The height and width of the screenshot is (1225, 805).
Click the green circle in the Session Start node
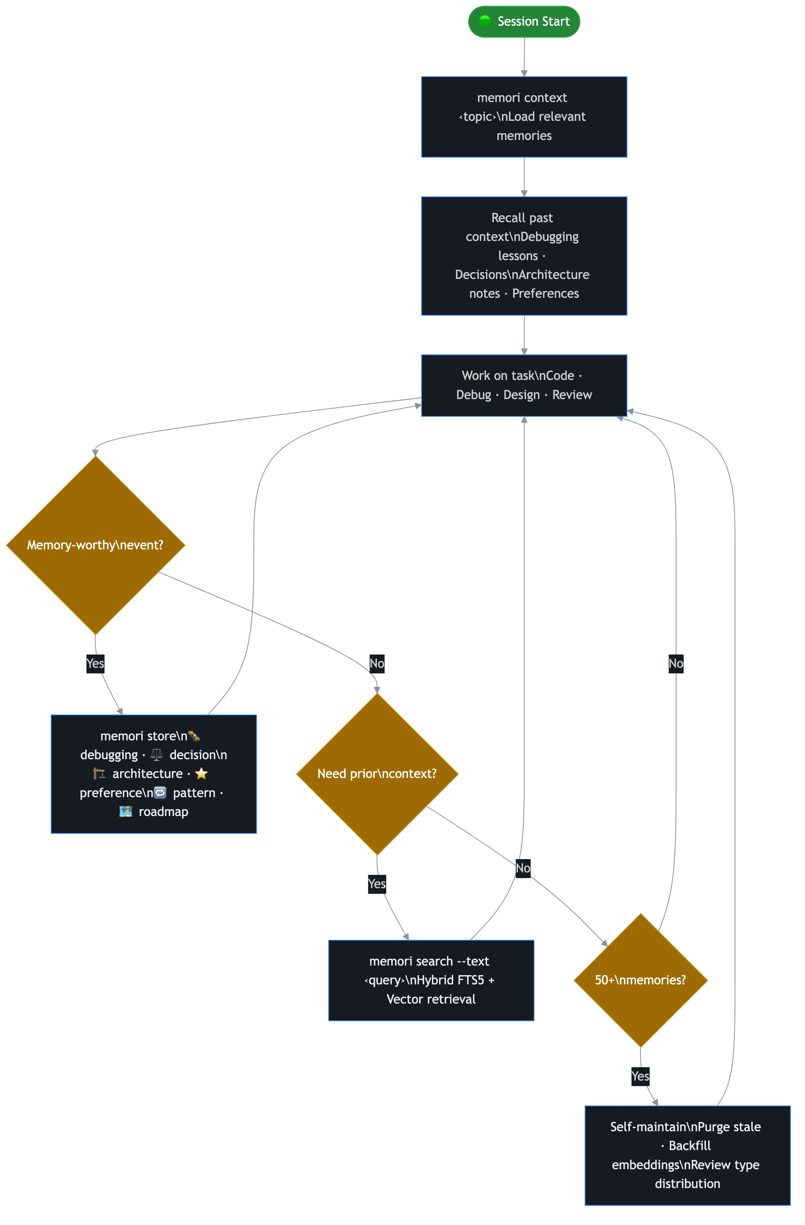coord(484,21)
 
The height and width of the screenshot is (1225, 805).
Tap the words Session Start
coord(533,22)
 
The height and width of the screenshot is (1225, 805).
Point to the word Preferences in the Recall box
coord(545,293)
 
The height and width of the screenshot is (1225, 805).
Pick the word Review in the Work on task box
coord(572,395)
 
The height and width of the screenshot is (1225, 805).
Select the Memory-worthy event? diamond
coord(95,545)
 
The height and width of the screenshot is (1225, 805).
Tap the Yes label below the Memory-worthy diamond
coord(95,663)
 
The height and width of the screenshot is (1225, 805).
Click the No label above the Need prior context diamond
coord(377,663)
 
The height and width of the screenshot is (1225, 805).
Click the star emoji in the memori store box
coord(201,773)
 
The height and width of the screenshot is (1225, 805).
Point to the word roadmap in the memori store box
coord(163,812)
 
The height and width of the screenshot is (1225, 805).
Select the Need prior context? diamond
coord(377,774)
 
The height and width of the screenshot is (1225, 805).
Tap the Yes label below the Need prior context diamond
coord(377,884)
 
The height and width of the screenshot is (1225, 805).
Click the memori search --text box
coord(431,980)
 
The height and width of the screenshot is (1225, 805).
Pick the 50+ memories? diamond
coord(640,980)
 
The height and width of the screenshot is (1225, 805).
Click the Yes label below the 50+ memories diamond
coord(640,1076)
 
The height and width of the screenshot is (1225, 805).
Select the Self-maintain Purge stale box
coord(687,1155)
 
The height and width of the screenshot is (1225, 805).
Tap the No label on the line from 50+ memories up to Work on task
coord(676,663)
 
